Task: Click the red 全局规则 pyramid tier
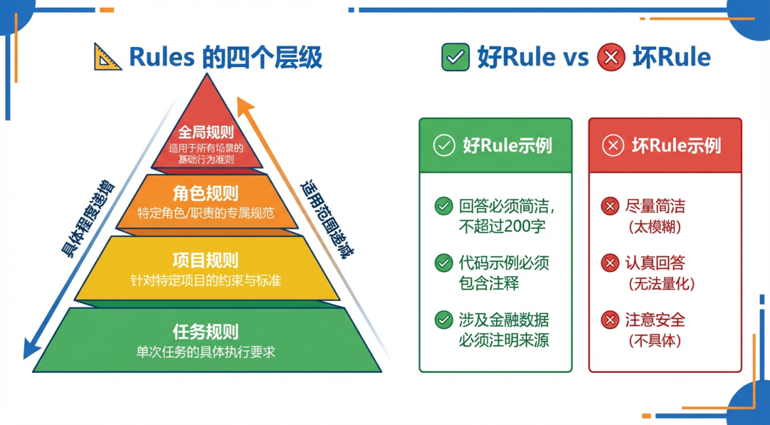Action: [206, 135]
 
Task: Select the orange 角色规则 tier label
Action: [205, 193]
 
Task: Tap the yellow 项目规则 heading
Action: [205, 260]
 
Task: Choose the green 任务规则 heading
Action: [205, 332]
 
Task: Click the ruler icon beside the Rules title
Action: [108, 57]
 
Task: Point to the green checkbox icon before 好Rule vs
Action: [456, 57]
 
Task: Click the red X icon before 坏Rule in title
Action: [610, 57]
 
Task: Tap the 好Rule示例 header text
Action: [507, 146]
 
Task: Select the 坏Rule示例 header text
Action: [676, 146]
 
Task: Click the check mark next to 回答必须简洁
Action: [443, 207]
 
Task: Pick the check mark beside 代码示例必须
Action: [443, 262]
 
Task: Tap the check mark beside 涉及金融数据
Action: [443, 319]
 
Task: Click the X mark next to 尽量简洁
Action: [610, 207]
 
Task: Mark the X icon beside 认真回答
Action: [610, 262]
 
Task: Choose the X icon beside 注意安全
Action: [610, 319]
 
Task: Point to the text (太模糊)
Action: [654, 227]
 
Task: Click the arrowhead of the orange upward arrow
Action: [244, 106]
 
